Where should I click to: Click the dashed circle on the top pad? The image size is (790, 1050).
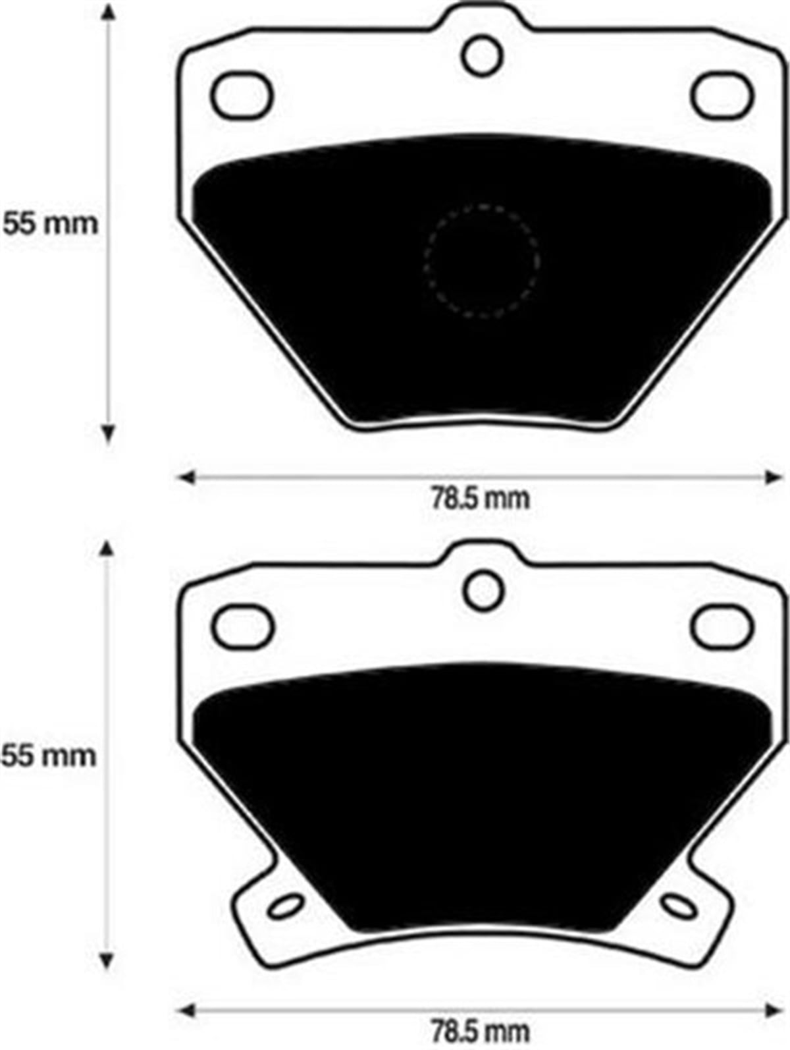point(483,262)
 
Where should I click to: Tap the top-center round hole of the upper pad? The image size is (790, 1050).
point(483,56)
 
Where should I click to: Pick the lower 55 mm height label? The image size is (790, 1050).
point(49,755)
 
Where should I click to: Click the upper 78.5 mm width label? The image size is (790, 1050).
point(480,499)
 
